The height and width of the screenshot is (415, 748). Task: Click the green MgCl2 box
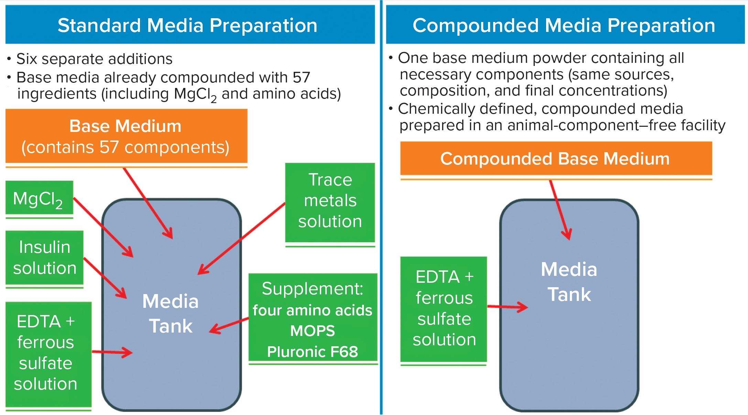point(39,199)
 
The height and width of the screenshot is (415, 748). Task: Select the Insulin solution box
point(44,258)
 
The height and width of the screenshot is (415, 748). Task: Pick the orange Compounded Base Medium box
point(556,159)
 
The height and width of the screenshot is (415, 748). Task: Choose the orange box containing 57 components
point(126,136)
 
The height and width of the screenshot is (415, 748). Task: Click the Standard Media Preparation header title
point(187,25)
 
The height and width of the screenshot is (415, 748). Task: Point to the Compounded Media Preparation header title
point(564,25)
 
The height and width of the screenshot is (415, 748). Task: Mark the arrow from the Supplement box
point(229,326)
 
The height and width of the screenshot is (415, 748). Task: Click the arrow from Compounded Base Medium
point(561,210)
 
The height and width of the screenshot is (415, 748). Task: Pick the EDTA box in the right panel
point(444,309)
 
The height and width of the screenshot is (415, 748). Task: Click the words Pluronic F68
point(313,352)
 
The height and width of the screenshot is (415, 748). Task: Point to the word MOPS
point(313,331)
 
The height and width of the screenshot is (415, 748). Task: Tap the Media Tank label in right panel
point(569,282)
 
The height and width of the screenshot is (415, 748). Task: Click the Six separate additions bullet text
point(94,59)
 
